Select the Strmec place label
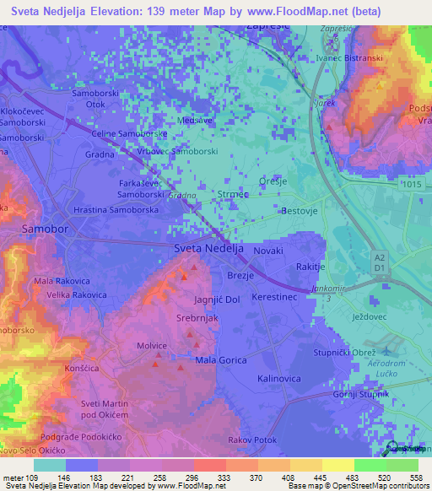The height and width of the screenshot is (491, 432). tap(232, 195)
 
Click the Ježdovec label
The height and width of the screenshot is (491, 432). tap(370, 317)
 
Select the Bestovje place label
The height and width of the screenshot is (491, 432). tap(300, 211)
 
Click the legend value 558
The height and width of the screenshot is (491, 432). tap(415, 477)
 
